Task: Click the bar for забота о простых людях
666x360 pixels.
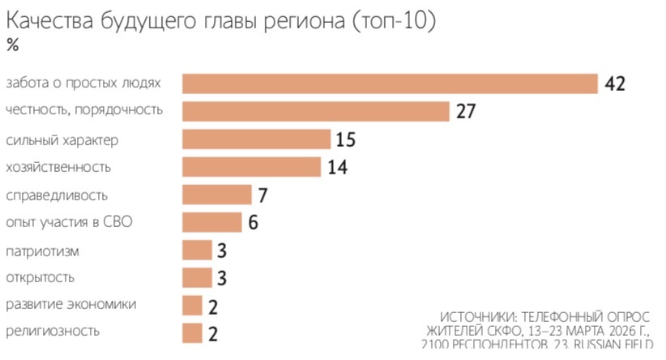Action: pyautogui.click(x=390, y=84)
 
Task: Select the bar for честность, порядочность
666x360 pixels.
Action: pyautogui.click(x=315, y=111)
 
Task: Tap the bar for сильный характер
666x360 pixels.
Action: pyautogui.click(x=256, y=139)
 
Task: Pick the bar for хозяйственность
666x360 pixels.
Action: pyautogui.click(x=252, y=167)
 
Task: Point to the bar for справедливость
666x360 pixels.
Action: pyautogui.click(x=217, y=195)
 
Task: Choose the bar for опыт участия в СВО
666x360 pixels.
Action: pyautogui.click(x=212, y=222)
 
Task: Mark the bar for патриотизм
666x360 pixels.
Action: pyautogui.click(x=197, y=250)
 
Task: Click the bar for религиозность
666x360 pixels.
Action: pyautogui.click(x=192, y=332)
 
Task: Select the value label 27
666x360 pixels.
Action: pyautogui.click(x=465, y=111)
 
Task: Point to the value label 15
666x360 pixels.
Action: pyautogui.click(x=345, y=139)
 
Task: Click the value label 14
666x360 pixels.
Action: pyautogui.click(x=337, y=167)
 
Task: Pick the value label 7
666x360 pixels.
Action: pyautogui.click(x=263, y=195)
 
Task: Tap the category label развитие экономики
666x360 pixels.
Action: pyautogui.click(x=70, y=305)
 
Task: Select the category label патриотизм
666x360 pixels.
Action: pyautogui.click(x=42, y=251)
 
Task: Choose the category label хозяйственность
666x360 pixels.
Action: pyautogui.click(x=58, y=167)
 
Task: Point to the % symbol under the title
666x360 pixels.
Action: pyautogui.click(x=12, y=45)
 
